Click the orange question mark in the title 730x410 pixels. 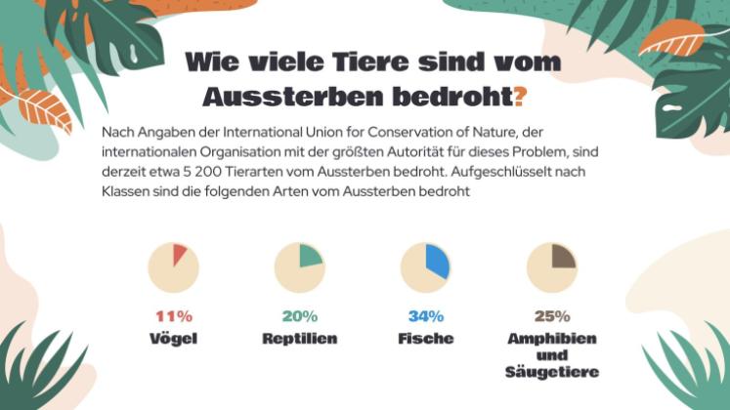(x=521, y=97)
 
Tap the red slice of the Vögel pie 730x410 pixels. (x=179, y=255)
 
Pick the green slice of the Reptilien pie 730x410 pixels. (x=310, y=256)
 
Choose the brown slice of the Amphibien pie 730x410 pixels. (x=563, y=256)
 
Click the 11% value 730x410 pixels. (x=173, y=316)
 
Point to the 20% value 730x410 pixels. (x=299, y=316)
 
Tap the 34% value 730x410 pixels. (x=425, y=316)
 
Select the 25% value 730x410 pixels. (x=551, y=316)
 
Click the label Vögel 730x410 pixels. (x=173, y=338)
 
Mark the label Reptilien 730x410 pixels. (x=299, y=338)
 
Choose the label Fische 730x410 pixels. (x=425, y=338)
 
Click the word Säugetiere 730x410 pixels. (x=551, y=372)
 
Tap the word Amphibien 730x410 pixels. (x=551, y=338)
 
